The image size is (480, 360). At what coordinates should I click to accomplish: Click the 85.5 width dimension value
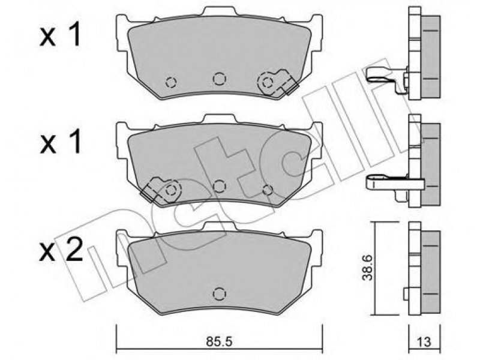pos(219,341)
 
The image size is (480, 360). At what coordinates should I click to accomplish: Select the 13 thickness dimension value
pos(424,341)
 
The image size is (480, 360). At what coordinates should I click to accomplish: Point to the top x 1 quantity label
pos(61,37)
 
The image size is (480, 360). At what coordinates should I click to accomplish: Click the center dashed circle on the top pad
pos(219,79)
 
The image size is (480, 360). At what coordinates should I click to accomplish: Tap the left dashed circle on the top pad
pos(171,82)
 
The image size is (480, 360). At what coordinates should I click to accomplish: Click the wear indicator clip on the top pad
pos(277,82)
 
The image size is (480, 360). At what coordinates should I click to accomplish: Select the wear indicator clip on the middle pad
pos(161,190)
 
